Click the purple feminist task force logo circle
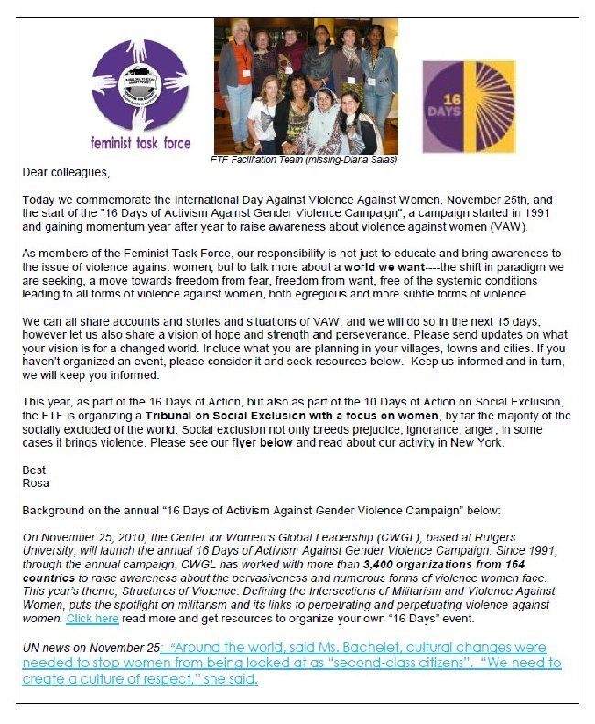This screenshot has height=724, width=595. pos(139,86)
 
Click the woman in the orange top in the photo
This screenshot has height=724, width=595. pos(240,64)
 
